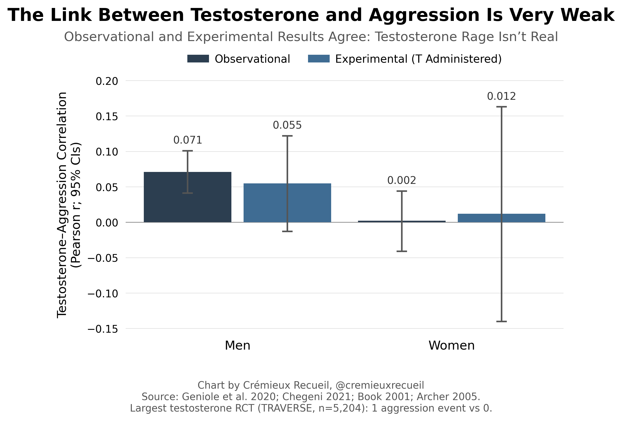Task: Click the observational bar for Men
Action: (x=187, y=197)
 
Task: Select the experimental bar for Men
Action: (x=287, y=203)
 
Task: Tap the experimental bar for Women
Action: (x=501, y=218)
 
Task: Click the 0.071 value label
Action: (x=188, y=140)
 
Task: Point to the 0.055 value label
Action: (x=287, y=125)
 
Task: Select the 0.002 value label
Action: (x=402, y=180)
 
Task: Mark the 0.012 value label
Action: (x=501, y=96)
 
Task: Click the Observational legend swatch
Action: (x=198, y=59)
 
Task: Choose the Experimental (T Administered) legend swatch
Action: (x=319, y=59)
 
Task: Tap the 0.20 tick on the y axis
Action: (x=107, y=81)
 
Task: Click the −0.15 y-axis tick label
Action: (x=103, y=329)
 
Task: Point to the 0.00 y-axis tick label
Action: (x=107, y=223)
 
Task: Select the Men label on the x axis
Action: (x=237, y=345)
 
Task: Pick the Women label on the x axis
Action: (x=452, y=345)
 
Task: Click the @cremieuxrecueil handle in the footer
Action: (x=379, y=385)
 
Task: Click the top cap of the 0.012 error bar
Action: (x=501, y=107)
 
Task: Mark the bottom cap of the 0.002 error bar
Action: (x=402, y=251)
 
